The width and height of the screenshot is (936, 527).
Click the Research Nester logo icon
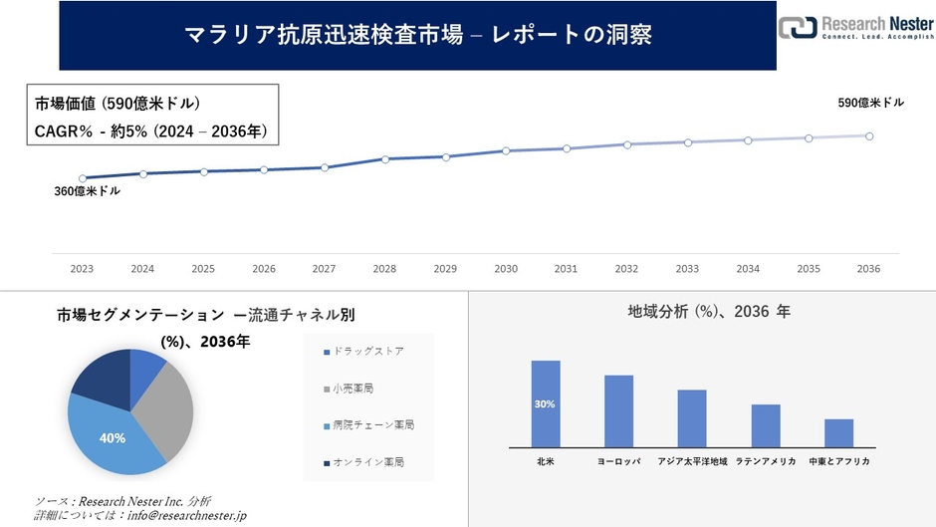pyautogui.click(x=798, y=28)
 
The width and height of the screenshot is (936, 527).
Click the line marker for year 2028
pyautogui.click(x=385, y=159)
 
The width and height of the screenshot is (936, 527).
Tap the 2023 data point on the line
pyautogui.click(x=83, y=178)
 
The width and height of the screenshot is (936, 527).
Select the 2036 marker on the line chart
pyautogui.click(x=869, y=135)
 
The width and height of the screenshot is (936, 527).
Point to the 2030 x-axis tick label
pyautogui.click(x=506, y=269)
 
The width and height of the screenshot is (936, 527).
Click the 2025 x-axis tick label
pyautogui.click(x=203, y=269)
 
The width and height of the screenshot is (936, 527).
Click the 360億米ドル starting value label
pyautogui.click(x=87, y=191)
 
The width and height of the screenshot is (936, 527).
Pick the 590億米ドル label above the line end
pyautogui.click(x=870, y=103)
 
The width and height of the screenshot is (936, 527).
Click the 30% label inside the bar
pyautogui.click(x=545, y=404)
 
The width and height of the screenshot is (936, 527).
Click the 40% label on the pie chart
pyautogui.click(x=113, y=437)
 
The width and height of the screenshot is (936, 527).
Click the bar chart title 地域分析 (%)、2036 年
pyautogui.click(x=708, y=312)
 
